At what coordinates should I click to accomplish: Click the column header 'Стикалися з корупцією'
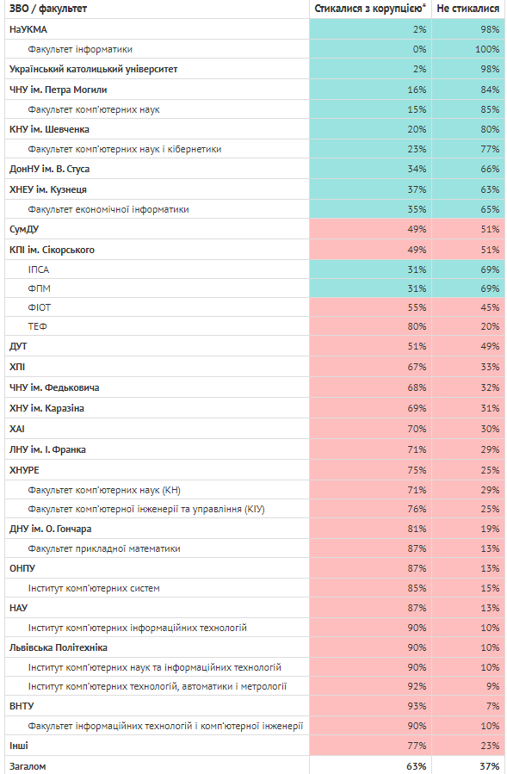368,9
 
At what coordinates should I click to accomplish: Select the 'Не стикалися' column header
468,9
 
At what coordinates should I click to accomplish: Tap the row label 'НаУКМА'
28,29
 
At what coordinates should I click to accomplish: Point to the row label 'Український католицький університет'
93,69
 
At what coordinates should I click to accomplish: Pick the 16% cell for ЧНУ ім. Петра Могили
417,90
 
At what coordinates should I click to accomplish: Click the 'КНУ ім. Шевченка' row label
49,129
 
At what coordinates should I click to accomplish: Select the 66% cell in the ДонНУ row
491,169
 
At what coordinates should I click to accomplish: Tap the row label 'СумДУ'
24,230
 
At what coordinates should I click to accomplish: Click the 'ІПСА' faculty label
39,269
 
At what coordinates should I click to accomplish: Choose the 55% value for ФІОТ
417,307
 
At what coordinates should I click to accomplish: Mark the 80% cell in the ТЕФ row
417,326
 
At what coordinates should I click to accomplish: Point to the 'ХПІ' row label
16,367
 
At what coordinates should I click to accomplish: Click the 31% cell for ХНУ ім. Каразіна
491,408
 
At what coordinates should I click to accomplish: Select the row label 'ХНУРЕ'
24,470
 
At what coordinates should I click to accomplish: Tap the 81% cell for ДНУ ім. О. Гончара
417,529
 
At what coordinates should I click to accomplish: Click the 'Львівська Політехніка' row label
59,647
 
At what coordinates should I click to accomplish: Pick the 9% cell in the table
492,686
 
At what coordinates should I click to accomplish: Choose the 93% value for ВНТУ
417,706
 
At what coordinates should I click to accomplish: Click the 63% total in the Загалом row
417,766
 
